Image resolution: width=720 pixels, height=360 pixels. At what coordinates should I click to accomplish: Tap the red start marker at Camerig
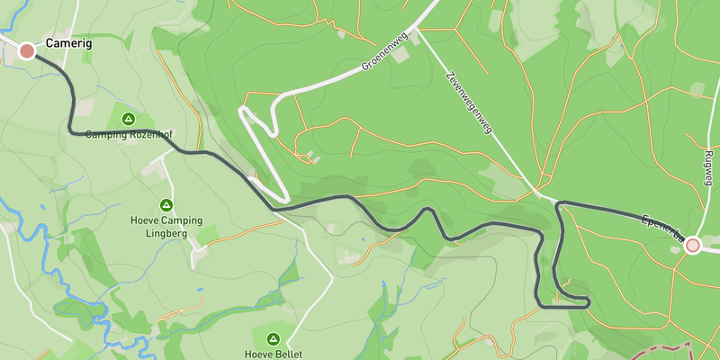27,51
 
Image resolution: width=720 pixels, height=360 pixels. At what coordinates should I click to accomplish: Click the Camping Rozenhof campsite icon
128,119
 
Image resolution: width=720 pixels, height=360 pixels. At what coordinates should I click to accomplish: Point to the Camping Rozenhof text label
128,135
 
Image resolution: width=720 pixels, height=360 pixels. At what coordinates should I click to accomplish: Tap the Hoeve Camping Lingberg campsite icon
166,205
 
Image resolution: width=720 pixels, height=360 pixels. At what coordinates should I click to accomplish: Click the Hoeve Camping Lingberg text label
166,228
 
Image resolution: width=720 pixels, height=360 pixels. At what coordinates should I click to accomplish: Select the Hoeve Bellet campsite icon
273,339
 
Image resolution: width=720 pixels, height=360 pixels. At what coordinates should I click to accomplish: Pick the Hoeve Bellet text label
273,354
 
